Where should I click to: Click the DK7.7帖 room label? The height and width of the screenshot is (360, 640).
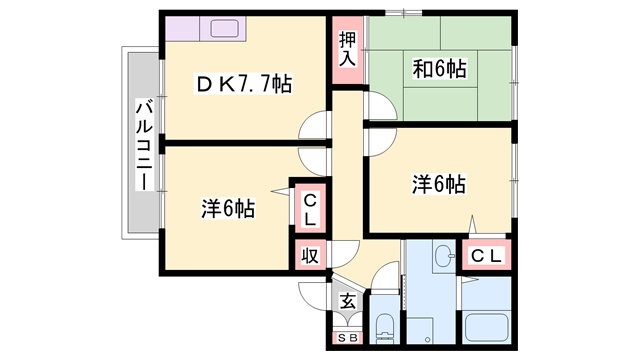click(x=244, y=84)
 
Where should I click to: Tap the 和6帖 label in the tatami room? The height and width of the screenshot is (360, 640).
click(x=439, y=69)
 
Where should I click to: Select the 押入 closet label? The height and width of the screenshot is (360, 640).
click(x=347, y=49)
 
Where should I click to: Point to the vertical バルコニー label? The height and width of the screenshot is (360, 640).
click(x=144, y=145)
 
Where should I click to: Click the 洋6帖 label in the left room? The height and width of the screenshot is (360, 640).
click(x=228, y=208)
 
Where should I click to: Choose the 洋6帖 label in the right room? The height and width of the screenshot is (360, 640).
click(x=438, y=184)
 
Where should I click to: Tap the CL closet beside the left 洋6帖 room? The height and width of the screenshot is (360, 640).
click(x=311, y=210)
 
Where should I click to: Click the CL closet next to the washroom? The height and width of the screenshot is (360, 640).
click(x=486, y=255)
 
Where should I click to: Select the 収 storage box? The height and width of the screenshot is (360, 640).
click(x=310, y=255)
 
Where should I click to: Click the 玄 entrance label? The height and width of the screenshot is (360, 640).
click(x=348, y=302)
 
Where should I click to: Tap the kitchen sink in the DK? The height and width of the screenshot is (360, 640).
click(x=222, y=29)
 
